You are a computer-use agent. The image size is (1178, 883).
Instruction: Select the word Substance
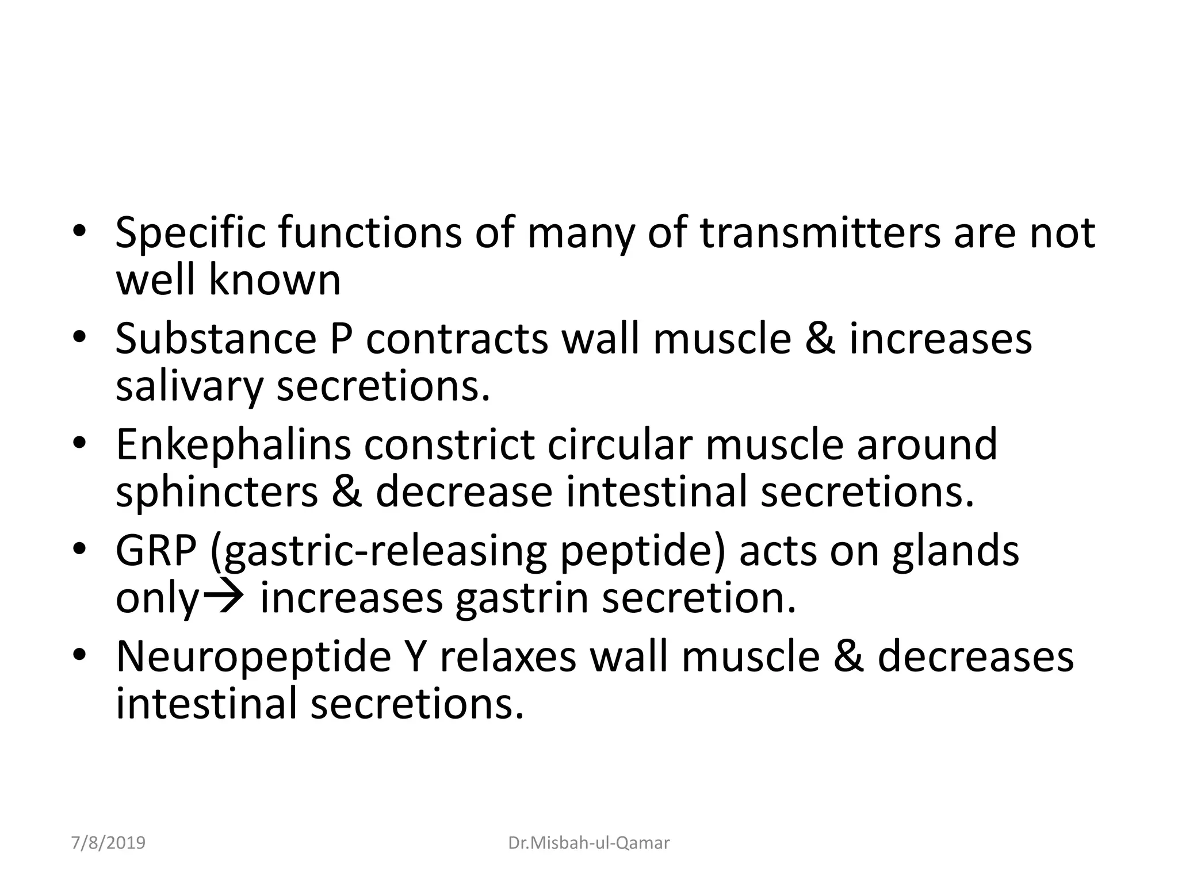point(216,339)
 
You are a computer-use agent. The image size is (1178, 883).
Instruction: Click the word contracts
point(457,339)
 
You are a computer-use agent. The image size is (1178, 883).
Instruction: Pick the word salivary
point(189,387)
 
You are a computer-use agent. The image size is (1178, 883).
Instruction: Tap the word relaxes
point(508,657)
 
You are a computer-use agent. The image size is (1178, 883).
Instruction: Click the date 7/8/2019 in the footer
point(108,843)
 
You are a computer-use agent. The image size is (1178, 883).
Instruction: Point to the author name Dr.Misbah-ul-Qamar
point(589,843)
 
